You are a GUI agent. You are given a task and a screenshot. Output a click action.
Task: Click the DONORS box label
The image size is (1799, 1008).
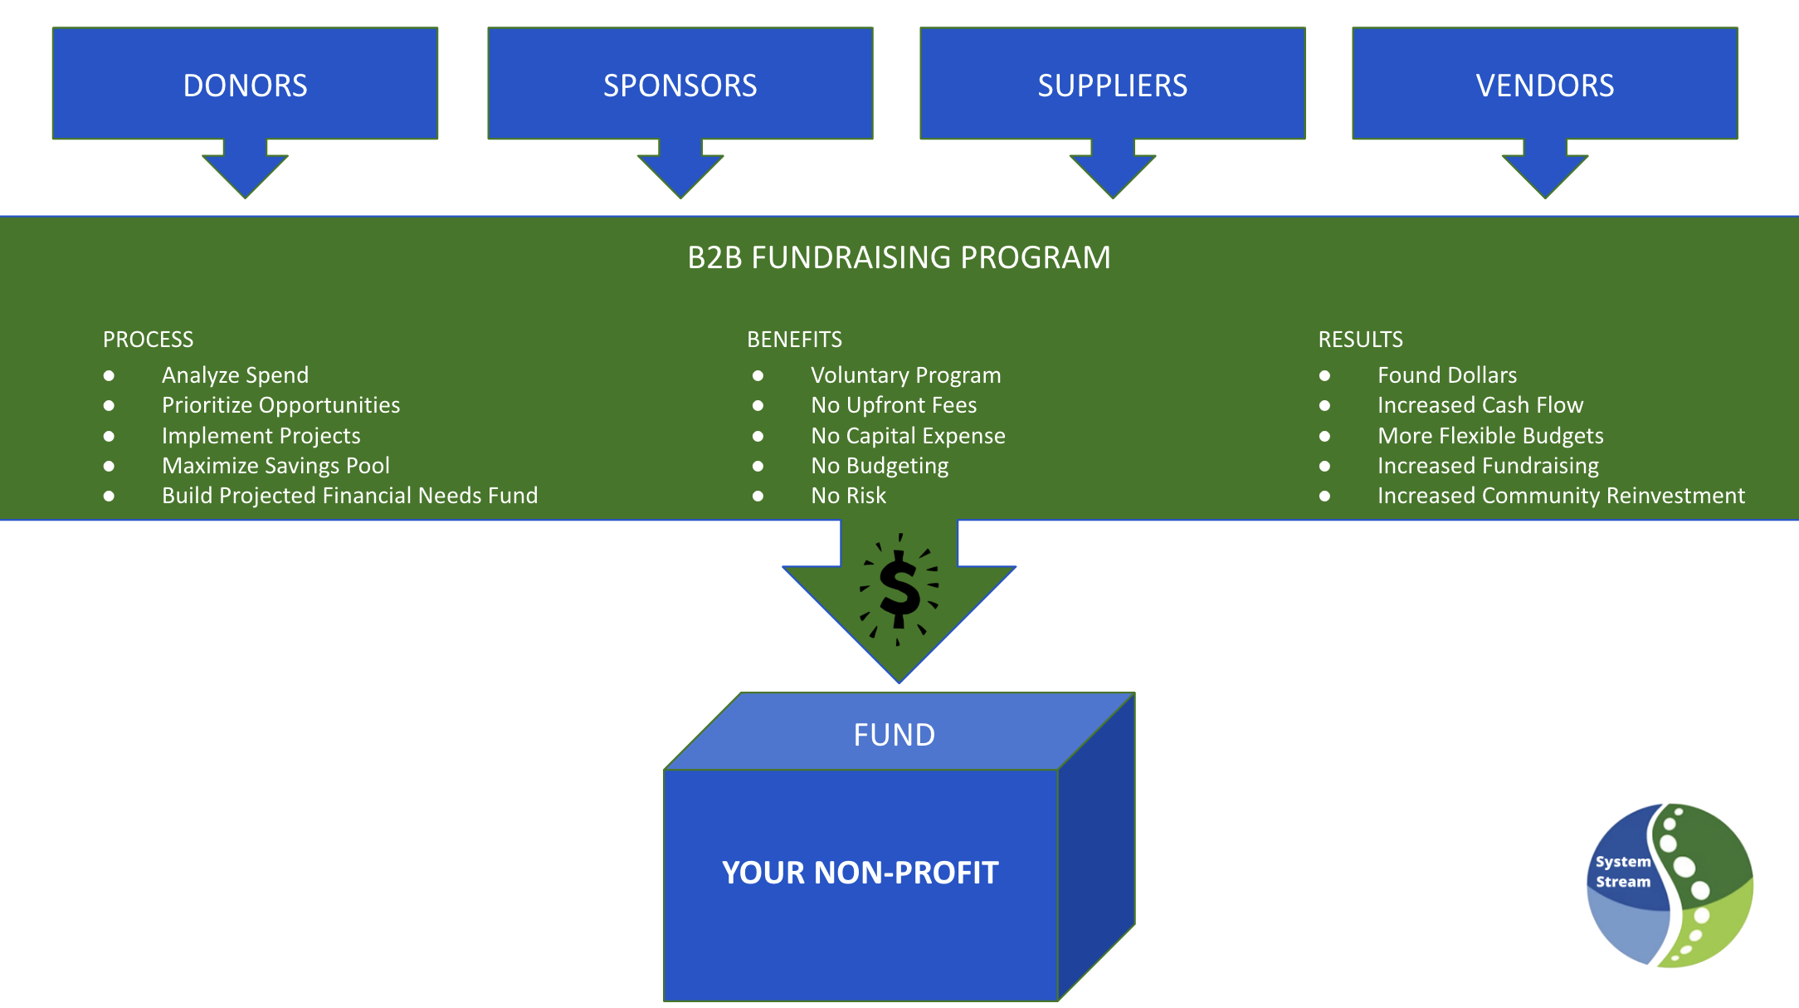point(245,86)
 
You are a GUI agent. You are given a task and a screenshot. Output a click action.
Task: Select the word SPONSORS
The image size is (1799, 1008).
point(680,86)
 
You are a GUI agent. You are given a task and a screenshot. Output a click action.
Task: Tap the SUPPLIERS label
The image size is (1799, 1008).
point(1112,86)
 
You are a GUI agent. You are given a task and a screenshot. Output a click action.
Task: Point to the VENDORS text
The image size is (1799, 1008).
point(1544,86)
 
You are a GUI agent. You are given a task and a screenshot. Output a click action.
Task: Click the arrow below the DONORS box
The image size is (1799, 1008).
point(245,170)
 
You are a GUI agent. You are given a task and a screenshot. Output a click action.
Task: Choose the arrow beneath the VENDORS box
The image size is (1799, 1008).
point(1544,170)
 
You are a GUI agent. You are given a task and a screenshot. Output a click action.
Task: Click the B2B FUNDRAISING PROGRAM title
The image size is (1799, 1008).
point(899,257)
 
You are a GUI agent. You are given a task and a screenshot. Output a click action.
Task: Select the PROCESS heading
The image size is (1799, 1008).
point(148,340)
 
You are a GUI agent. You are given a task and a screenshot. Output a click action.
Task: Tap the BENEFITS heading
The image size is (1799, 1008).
point(794,340)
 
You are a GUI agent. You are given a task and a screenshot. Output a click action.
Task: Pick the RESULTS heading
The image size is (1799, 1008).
point(1360,340)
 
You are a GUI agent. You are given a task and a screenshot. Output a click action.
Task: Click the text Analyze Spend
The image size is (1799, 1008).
point(235,375)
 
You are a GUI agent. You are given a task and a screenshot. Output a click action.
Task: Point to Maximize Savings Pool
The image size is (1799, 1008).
point(275,466)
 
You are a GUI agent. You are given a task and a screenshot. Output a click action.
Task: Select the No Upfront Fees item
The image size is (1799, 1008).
point(894,405)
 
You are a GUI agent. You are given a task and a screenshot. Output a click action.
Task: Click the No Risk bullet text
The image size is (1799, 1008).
point(848,496)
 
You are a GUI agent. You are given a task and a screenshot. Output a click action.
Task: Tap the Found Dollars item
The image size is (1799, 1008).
point(1446,375)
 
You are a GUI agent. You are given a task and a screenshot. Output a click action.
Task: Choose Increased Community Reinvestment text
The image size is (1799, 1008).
point(1561,496)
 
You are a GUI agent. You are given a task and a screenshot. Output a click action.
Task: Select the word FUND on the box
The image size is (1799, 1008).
point(894,735)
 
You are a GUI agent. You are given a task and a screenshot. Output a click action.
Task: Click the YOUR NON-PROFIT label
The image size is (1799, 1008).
point(860,873)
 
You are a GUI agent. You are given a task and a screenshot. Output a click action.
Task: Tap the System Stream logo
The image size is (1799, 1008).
point(1670,885)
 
